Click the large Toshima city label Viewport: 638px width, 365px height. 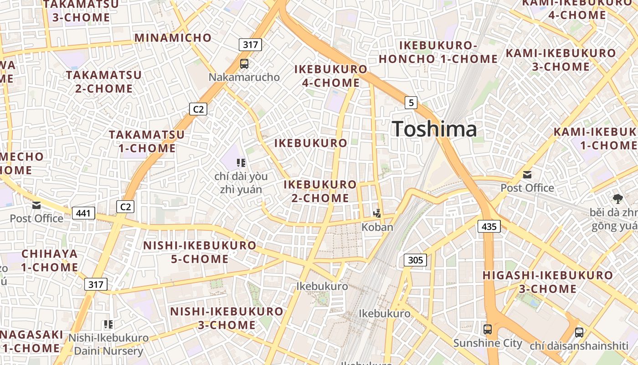coord(434,129)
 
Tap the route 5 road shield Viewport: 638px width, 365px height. coord(411,103)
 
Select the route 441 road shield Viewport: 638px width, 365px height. coord(83,213)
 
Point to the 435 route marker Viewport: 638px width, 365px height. coord(489,226)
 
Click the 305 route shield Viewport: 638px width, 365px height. coord(415,260)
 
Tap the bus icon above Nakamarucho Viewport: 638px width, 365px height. coord(244,63)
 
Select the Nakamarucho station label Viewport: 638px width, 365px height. coord(244,77)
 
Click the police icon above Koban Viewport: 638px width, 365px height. coord(377,213)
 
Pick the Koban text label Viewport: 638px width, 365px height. coord(377,227)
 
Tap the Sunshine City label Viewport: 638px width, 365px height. coord(488,343)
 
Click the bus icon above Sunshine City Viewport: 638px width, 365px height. coord(488,329)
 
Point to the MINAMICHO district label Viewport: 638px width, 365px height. coord(173,37)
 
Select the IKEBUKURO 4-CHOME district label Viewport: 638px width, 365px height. coord(331,76)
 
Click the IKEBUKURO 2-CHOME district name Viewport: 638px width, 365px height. coord(320,191)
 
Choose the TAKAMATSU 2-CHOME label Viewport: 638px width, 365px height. coord(104,81)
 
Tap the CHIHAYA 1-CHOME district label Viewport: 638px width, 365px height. coord(50,260)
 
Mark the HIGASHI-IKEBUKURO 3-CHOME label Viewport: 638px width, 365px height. coord(548,282)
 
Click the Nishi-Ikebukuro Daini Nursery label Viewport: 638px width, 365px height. coord(108,344)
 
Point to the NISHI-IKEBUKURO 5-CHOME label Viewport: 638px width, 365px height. coord(200,252)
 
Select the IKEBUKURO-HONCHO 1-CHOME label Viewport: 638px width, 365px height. coord(438,52)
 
